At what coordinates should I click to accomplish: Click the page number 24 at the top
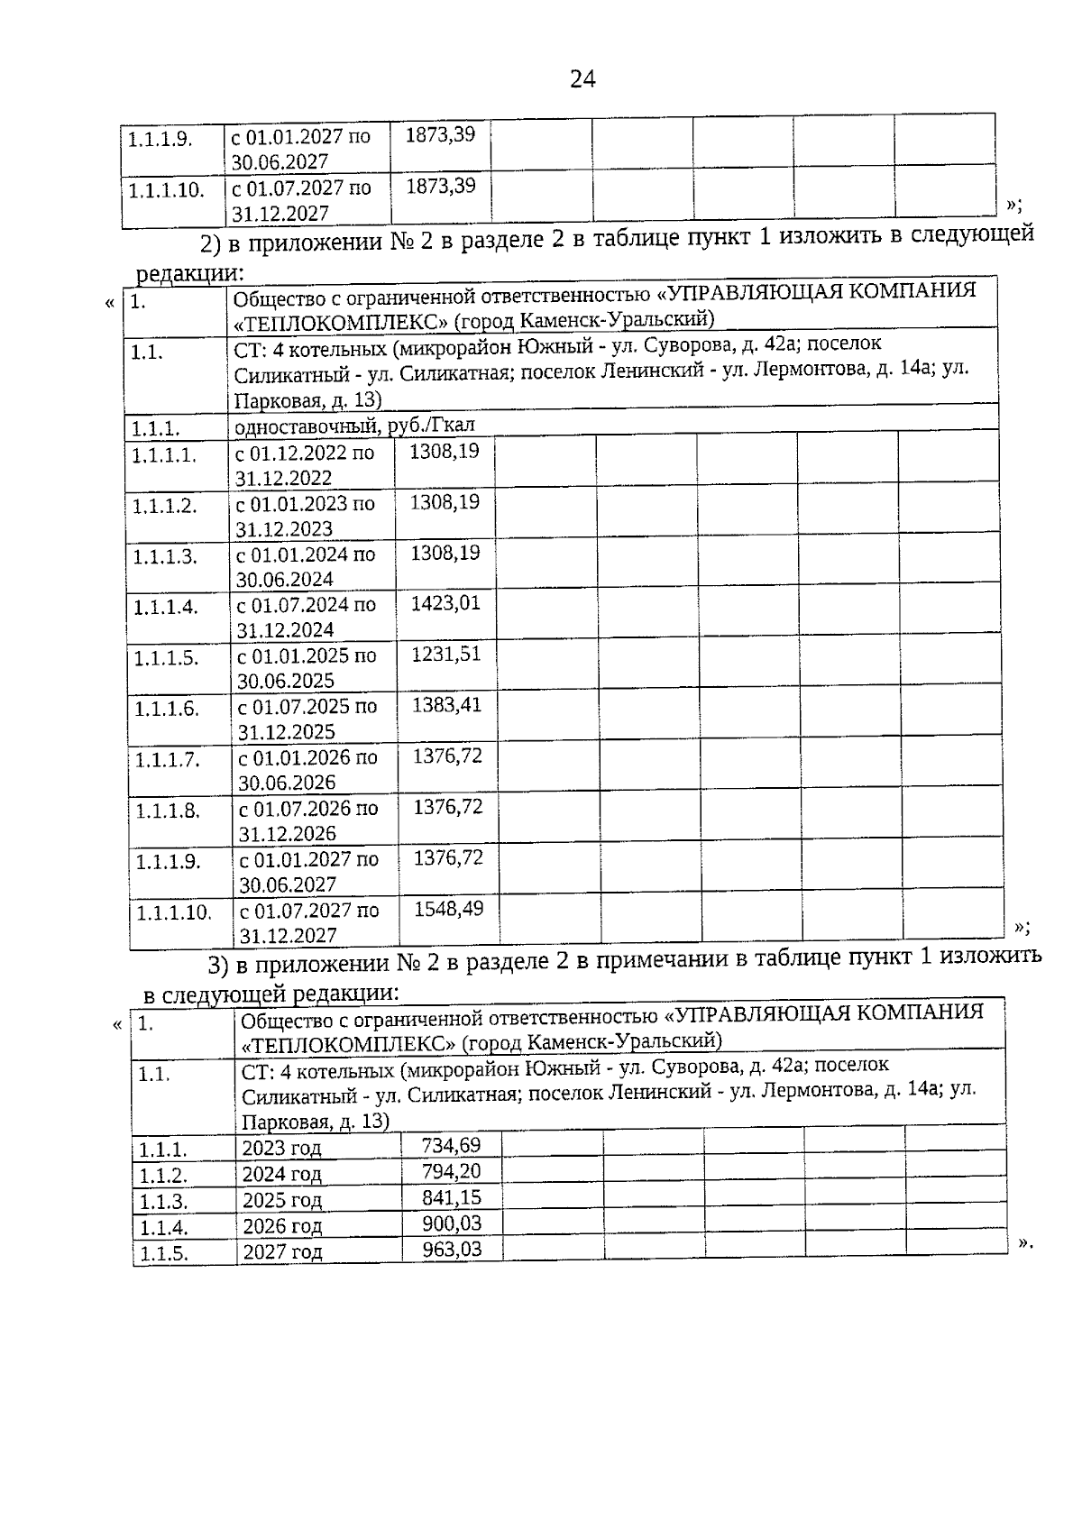tap(582, 80)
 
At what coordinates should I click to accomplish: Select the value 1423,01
tap(445, 603)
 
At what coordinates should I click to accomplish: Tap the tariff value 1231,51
tap(445, 654)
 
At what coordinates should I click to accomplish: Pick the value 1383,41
tap(446, 704)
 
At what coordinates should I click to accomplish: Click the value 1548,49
tap(448, 908)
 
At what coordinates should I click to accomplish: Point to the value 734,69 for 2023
tap(451, 1145)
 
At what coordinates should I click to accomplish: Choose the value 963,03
tap(452, 1249)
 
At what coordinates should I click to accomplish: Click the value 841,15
tap(452, 1197)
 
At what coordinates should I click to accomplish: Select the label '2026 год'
tap(282, 1225)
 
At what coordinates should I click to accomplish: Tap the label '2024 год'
tap(281, 1174)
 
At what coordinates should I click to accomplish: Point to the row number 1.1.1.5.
tap(166, 658)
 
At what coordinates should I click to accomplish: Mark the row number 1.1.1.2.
tap(164, 506)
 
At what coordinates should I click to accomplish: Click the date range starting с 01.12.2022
tap(305, 464)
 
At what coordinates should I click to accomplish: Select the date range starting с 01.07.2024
tap(307, 617)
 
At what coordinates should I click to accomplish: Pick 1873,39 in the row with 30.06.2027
tap(440, 135)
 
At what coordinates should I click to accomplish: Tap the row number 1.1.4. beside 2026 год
tap(163, 1227)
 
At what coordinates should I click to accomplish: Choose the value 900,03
tap(452, 1223)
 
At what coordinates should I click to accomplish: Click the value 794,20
tap(452, 1171)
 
